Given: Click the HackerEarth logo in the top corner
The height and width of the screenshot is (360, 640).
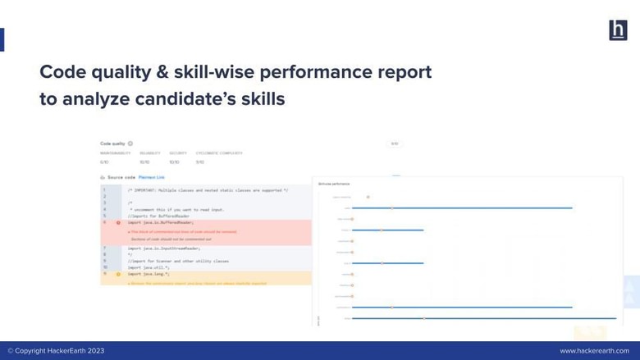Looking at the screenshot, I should point(618,30).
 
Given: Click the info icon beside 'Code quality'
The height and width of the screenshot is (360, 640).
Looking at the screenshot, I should point(130,144).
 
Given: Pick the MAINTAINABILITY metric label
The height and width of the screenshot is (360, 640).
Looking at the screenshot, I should point(115,153).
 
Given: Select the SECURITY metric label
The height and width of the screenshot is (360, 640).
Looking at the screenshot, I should point(178,153).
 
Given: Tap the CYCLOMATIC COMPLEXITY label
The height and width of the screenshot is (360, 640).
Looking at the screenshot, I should point(219,153).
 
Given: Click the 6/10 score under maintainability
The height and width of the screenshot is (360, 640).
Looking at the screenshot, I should point(104,162).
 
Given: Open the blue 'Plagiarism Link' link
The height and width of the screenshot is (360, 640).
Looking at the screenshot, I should point(152,177).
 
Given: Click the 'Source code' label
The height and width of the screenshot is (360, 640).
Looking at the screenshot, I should point(121,177).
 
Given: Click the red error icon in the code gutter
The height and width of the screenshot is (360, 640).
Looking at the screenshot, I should point(118,222).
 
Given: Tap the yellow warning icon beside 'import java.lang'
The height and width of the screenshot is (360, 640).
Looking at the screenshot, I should point(118,274).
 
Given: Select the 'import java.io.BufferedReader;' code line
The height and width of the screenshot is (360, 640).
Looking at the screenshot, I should point(161,222).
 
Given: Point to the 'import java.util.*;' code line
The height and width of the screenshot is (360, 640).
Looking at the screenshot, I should point(149,267).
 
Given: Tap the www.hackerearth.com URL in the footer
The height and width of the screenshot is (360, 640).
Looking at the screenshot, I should point(594,351).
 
